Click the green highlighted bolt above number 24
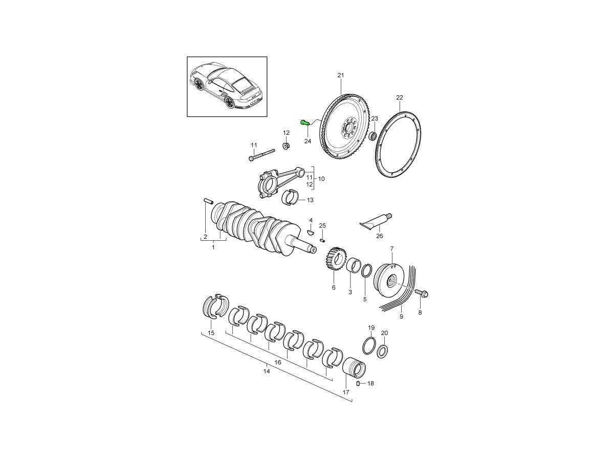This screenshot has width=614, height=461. point(305,122)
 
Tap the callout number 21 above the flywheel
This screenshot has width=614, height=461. point(340,75)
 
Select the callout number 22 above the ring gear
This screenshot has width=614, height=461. point(400,97)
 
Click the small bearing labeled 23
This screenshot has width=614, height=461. point(372,136)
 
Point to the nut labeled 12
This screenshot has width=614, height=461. point(286,146)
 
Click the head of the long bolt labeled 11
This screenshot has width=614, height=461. point(251,159)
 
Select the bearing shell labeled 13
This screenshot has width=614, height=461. point(290,197)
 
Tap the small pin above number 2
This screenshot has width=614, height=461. point(208,201)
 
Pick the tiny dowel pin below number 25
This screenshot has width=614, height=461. point(322,240)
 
